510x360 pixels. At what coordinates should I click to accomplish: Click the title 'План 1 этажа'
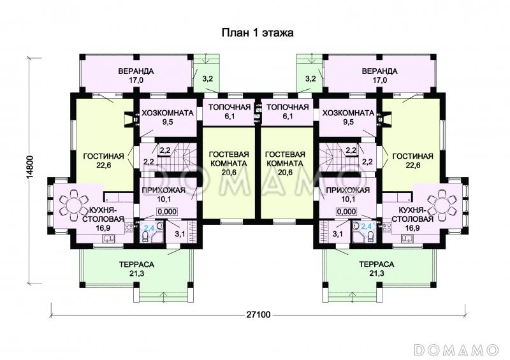coord(258,33)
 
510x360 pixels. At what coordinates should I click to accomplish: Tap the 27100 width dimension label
coord(258,315)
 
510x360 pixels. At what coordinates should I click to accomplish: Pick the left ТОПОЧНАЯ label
coord(229,107)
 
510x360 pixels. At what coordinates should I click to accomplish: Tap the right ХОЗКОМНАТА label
coord(348,113)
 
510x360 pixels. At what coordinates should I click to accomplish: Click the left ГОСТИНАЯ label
coord(104,156)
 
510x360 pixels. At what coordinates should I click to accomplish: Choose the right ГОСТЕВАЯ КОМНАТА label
coord(285,159)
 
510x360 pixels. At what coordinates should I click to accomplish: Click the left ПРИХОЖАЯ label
coord(164,191)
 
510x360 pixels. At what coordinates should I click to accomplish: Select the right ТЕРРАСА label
coord(377,264)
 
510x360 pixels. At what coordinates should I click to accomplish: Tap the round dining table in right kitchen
coord(441,206)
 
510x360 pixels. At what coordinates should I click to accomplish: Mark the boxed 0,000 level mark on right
coord(346,212)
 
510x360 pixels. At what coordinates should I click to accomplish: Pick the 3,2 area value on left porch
coord(208,79)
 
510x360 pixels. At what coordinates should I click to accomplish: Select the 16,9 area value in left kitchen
coord(102,228)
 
